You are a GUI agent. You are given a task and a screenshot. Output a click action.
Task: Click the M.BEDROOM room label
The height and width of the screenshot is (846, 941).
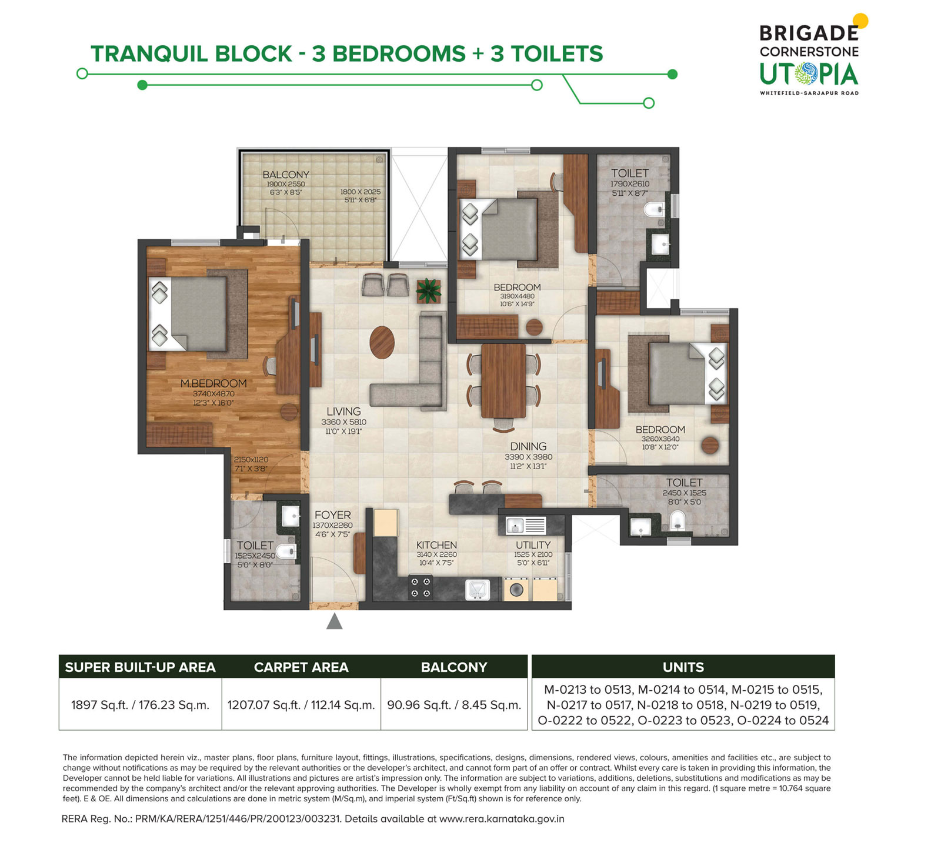[x=213, y=383]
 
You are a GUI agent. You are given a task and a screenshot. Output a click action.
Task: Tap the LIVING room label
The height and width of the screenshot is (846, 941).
[x=343, y=412]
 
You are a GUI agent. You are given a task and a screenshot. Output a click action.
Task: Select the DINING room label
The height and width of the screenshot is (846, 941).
[x=528, y=447]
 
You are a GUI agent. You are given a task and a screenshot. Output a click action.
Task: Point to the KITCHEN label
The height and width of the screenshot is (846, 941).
[x=436, y=545]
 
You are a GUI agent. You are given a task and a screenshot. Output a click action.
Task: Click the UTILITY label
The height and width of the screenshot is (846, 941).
[x=533, y=545]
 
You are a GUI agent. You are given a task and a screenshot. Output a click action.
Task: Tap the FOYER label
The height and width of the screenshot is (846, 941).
[x=332, y=515]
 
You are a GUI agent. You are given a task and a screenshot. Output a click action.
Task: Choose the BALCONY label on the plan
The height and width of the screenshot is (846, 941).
[x=286, y=175]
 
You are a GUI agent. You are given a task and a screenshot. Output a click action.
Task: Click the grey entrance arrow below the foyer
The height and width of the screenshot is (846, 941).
[x=334, y=621]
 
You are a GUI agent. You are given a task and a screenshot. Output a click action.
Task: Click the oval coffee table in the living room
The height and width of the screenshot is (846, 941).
[x=382, y=342]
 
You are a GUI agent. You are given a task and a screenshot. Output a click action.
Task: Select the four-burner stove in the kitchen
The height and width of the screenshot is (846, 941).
[x=421, y=587]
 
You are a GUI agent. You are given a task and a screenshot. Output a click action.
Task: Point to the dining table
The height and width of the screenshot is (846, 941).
[x=503, y=380]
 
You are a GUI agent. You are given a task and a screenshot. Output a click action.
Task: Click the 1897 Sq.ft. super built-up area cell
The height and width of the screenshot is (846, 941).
[x=141, y=705]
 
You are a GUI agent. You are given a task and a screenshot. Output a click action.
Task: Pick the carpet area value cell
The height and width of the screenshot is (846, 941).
[x=301, y=705]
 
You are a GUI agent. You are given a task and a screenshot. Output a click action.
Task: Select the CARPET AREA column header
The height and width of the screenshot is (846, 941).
[x=301, y=667]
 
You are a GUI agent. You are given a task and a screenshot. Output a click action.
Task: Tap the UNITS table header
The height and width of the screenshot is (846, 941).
[x=683, y=667]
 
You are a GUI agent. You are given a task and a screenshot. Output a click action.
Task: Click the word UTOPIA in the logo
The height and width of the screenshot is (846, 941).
[x=809, y=74]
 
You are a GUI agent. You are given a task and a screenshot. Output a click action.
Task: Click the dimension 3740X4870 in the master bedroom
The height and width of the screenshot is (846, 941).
[x=213, y=394]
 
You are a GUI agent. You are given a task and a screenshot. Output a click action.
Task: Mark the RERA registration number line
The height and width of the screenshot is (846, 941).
[x=313, y=819]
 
